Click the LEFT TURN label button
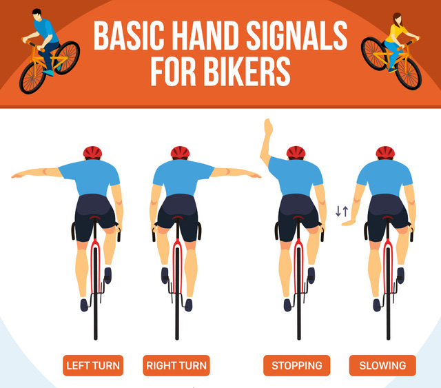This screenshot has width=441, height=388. (93, 365)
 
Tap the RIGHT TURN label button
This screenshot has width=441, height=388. (176, 365)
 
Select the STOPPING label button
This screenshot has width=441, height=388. (297, 365)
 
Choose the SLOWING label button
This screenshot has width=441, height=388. (382, 365)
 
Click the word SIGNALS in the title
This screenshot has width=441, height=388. (297, 35)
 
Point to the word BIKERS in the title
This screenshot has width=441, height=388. (247, 71)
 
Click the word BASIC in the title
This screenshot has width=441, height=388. (129, 35)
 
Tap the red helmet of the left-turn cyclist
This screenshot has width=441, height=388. (92, 152)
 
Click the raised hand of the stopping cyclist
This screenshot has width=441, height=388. (268, 127)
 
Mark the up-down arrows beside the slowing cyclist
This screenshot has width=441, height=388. (342, 211)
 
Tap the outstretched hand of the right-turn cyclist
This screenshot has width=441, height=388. (254, 176)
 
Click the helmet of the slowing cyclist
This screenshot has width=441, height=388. (385, 152)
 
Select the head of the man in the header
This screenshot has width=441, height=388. (37, 14)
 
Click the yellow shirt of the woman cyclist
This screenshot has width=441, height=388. (394, 32)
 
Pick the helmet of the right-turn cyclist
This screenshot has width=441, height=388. (180, 152)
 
